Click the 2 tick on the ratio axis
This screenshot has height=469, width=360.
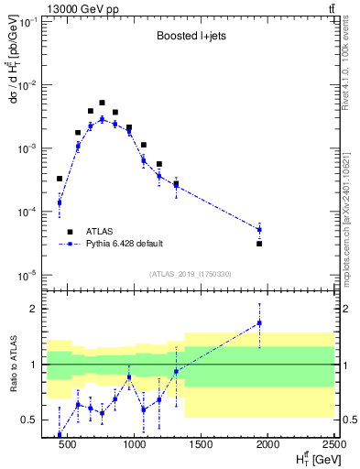[38, 309]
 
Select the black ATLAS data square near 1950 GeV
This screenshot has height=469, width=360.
[259, 244]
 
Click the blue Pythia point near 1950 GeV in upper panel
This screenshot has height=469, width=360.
[259, 229]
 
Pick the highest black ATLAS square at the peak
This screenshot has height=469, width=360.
[102, 103]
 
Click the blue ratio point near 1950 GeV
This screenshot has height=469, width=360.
[259, 322]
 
